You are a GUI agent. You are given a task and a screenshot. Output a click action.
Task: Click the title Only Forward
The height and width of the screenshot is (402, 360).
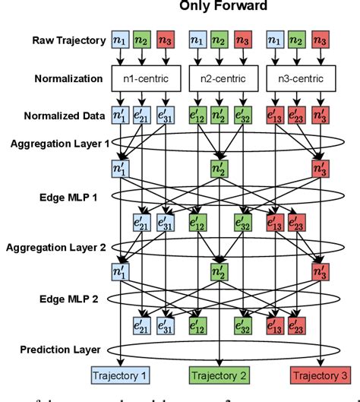(x=221, y=6)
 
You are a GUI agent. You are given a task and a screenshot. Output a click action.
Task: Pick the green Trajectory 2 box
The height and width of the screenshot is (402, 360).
(x=218, y=375)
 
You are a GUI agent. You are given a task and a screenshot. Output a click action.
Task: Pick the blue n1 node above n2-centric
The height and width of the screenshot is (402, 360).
(x=196, y=40)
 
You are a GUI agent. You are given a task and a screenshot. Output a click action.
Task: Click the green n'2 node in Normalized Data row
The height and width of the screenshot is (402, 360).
(x=219, y=116)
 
